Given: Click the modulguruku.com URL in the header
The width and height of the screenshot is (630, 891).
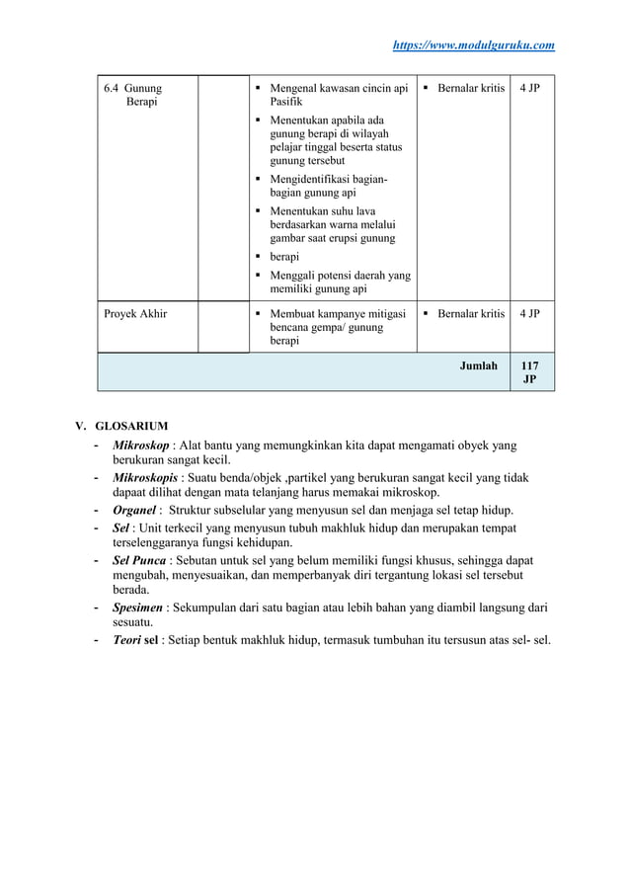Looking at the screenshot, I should click(x=474, y=44).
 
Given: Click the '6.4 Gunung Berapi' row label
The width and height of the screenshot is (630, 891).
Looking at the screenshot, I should click(x=133, y=95).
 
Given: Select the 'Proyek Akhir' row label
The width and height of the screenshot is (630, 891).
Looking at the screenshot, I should click(x=135, y=314).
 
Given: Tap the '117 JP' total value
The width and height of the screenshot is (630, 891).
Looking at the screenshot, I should click(x=530, y=372).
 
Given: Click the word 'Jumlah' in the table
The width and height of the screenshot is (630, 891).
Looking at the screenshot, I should click(x=479, y=365).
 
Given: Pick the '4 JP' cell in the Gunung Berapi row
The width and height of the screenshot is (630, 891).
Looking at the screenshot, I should click(x=530, y=89).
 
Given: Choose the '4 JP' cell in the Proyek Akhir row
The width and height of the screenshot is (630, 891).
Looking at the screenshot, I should click(x=530, y=314).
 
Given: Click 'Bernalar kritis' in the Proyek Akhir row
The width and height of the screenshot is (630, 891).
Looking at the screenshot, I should click(x=470, y=314).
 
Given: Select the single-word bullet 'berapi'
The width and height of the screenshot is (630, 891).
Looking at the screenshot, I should click(x=285, y=256).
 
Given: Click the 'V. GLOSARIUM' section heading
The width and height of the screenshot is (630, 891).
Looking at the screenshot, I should click(x=122, y=426).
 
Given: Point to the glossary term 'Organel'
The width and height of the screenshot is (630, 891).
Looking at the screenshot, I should click(x=134, y=511).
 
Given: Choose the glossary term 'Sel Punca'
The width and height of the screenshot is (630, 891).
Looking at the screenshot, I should click(x=139, y=560).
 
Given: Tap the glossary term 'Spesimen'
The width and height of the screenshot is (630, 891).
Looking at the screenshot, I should click(x=139, y=608).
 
